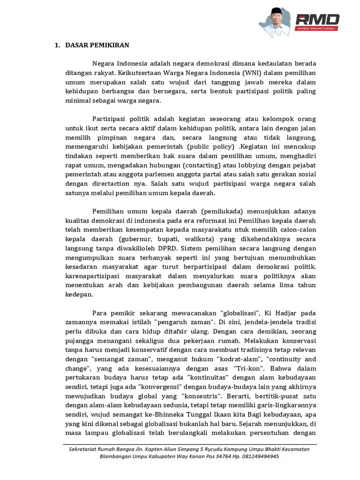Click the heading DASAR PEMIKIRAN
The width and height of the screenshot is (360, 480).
[97, 45]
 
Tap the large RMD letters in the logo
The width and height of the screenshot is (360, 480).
[317, 19]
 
